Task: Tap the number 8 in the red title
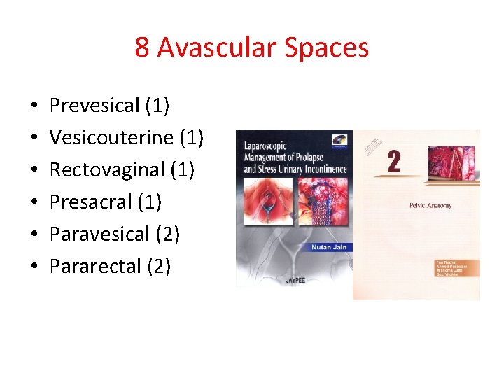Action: (142, 48)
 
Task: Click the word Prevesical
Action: (94, 106)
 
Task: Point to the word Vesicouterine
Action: (111, 137)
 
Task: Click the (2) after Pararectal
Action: (159, 266)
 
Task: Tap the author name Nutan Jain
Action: (330, 247)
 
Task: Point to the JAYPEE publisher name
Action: (295, 280)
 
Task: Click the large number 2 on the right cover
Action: (393, 162)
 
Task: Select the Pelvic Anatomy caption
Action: (430, 205)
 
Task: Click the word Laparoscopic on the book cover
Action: (269, 147)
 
